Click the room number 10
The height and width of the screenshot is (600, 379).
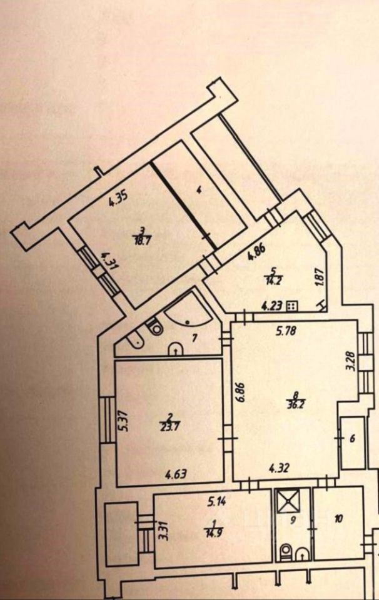(339, 519)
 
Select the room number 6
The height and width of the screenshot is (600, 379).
(352, 439)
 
